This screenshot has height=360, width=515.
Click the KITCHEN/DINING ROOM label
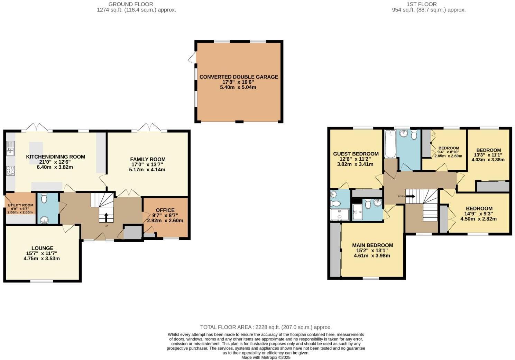[55, 157]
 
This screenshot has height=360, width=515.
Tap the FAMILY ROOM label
[148, 160]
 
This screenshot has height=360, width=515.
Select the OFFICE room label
[165, 210]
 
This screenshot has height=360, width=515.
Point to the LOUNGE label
[42, 248]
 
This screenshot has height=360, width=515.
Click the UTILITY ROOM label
[20, 205]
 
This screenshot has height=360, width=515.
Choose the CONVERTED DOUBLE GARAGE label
[239, 77]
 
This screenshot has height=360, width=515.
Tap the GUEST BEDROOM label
[356, 154]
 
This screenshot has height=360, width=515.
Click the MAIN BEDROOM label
[373, 245]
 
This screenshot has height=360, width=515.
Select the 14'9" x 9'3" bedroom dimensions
[479, 214]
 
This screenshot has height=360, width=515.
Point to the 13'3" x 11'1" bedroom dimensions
[488, 155]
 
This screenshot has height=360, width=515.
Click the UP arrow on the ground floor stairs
[106, 218]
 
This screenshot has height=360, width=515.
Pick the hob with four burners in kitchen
[10, 171]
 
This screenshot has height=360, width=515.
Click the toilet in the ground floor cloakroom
[44, 198]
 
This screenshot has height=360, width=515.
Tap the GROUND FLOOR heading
[131, 4]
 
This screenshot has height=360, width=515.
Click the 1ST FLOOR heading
[422, 4]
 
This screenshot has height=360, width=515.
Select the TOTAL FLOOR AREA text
[266, 327]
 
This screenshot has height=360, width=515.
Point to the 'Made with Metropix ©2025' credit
[266, 357]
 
